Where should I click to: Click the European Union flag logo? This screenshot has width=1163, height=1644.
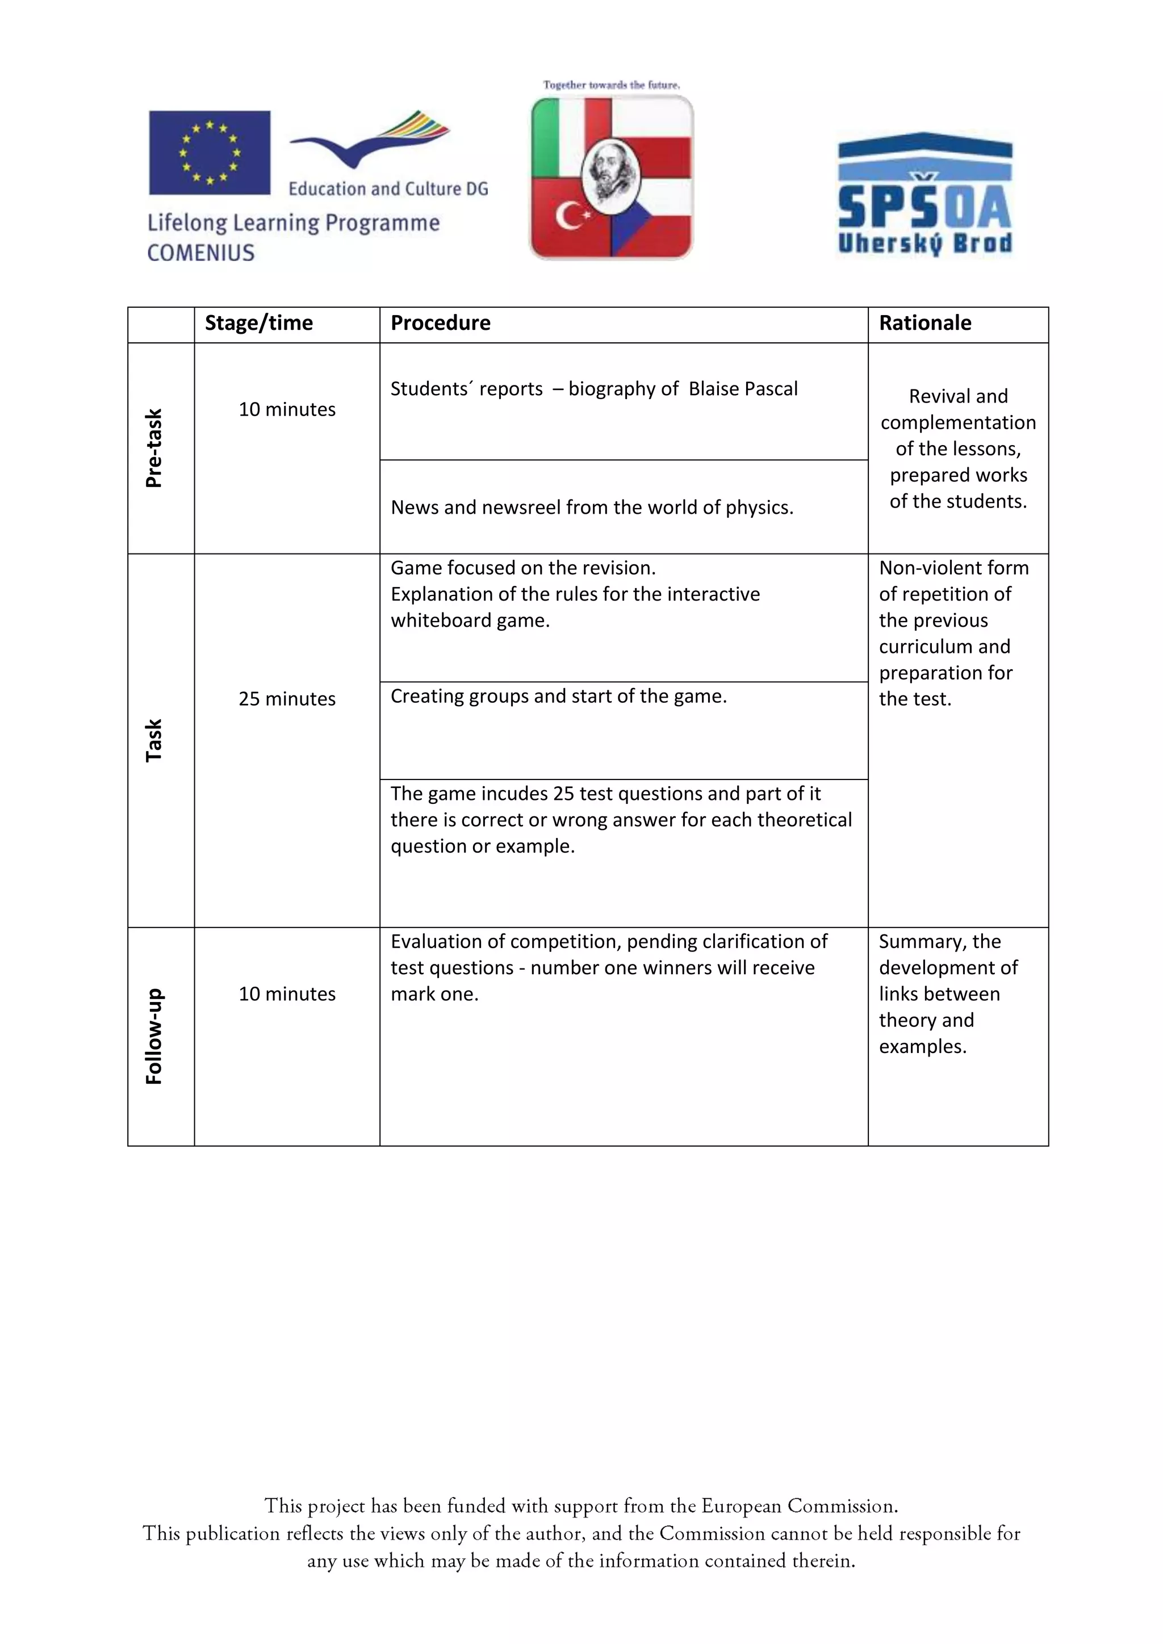point(209,153)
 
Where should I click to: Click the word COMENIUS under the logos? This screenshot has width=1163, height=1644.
point(200,253)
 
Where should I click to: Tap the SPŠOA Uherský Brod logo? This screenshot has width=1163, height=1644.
point(924,194)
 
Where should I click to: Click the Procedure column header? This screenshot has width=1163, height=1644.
point(441,323)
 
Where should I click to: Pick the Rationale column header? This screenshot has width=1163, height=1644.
point(924,323)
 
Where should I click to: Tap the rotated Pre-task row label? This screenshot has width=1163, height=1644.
point(154,448)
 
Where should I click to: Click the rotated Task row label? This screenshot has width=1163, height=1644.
point(154,740)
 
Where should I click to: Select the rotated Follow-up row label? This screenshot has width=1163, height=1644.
point(154,1035)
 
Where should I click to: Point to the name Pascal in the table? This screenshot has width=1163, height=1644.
point(770,389)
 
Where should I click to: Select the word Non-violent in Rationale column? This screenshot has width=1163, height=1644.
point(922,568)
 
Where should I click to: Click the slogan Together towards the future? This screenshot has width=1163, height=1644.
point(611,85)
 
